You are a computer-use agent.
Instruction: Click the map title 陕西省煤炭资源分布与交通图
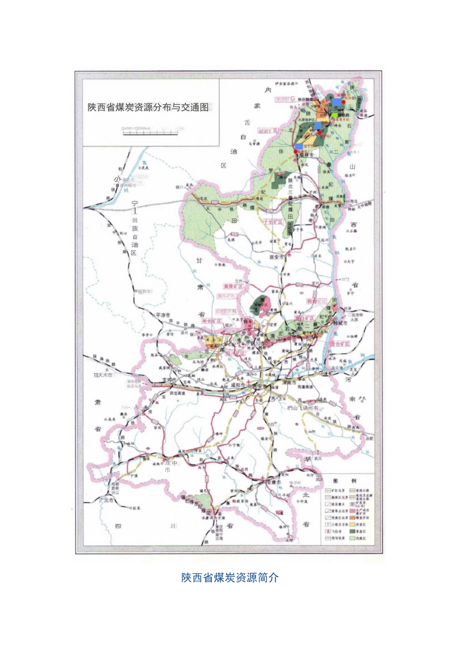click(x=148, y=107)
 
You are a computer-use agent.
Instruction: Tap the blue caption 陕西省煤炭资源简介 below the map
click(x=230, y=578)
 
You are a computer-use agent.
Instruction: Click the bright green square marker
click(x=334, y=115)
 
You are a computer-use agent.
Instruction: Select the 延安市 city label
click(x=277, y=257)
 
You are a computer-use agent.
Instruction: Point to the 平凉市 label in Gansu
click(x=163, y=315)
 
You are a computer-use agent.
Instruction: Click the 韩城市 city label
click(x=340, y=323)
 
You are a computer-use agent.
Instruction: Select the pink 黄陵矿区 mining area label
click(x=233, y=286)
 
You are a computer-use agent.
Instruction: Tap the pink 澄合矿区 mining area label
click(x=340, y=344)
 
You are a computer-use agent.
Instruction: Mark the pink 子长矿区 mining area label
click(x=274, y=222)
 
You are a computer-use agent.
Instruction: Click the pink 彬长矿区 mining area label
click(x=212, y=321)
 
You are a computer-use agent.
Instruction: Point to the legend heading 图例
click(x=345, y=481)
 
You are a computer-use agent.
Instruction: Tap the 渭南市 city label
click(x=289, y=383)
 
